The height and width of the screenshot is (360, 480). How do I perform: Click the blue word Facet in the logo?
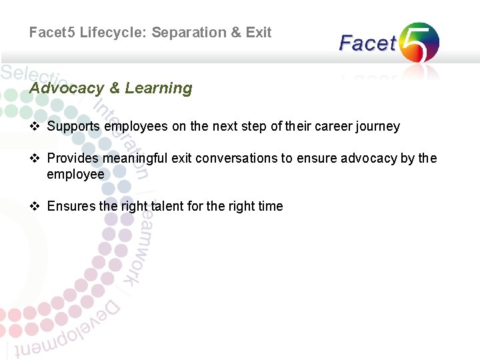click(x=367, y=44)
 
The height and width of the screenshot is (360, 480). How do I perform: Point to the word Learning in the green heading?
click(x=159, y=88)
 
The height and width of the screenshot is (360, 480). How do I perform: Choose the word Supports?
click(x=74, y=127)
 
